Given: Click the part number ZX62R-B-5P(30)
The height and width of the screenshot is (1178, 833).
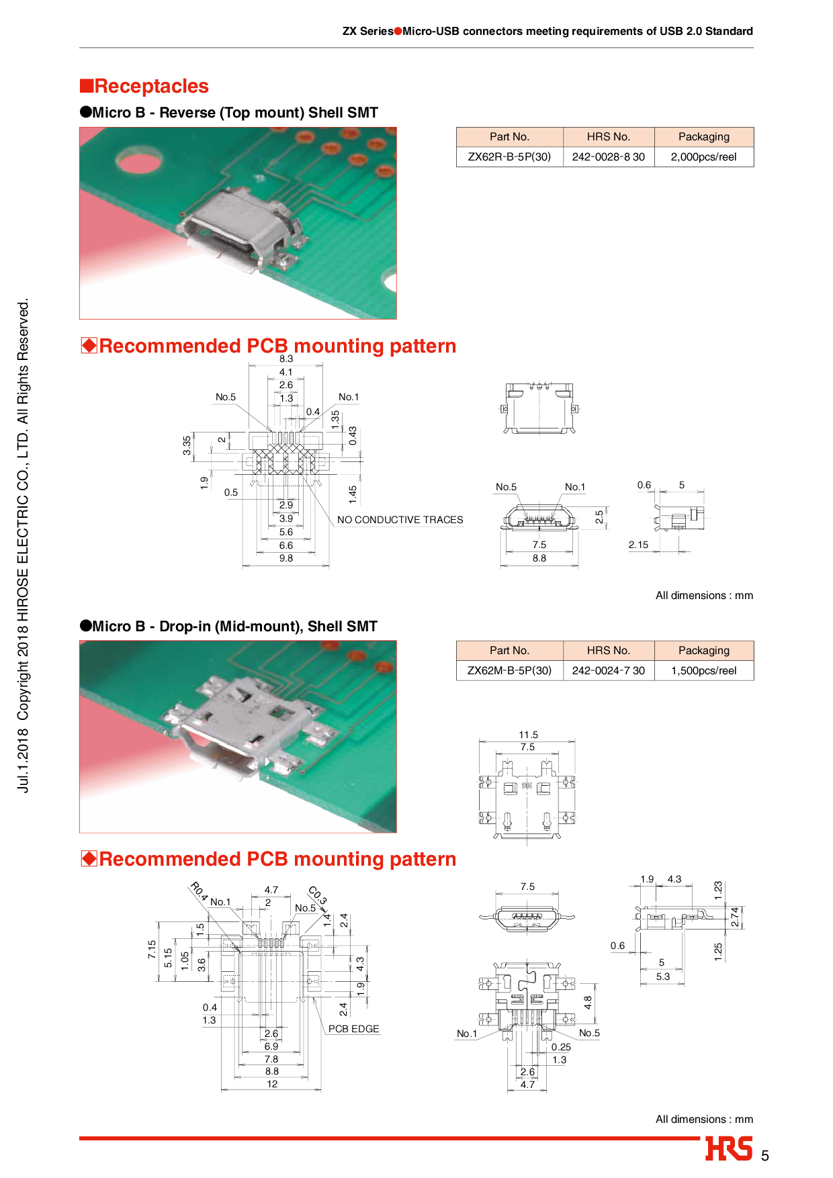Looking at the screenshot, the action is [x=509, y=156].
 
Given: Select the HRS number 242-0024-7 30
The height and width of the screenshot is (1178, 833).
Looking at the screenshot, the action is [x=609, y=670].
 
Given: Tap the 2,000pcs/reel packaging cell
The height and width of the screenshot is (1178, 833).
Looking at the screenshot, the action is [x=704, y=156].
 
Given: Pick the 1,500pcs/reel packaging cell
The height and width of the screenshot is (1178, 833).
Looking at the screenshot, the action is [x=704, y=670].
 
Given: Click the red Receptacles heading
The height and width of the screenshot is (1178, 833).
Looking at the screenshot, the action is [x=144, y=86].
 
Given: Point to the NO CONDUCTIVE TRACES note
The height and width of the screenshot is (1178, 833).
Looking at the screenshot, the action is [x=400, y=520].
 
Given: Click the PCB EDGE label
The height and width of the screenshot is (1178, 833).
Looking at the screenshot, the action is [x=354, y=1029].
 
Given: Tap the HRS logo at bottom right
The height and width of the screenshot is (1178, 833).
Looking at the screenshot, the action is [x=729, y=1148].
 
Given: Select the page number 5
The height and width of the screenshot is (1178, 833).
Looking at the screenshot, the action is [x=765, y=1156].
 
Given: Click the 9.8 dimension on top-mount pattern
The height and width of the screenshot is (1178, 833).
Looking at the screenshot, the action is [x=286, y=558].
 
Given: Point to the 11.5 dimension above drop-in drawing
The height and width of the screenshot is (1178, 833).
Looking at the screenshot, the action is [x=529, y=735].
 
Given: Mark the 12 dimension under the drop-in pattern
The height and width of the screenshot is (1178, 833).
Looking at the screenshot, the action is [x=272, y=1084].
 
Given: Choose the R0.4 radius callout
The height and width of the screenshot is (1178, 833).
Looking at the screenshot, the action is [x=199, y=891].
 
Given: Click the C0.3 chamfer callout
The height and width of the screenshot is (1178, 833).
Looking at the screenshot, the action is [x=318, y=895].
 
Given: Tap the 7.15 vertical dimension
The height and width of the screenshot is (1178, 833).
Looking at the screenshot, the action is [x=152, y=949].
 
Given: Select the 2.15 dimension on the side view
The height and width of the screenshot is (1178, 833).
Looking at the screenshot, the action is [x=639, y=545].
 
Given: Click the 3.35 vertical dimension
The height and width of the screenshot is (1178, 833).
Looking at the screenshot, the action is [x=187, y=445].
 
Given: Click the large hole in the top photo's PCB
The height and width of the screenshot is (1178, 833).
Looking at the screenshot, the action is [x=138, y=161].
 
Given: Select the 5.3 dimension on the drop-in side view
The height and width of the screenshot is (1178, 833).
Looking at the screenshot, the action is [x=663, y=977].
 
